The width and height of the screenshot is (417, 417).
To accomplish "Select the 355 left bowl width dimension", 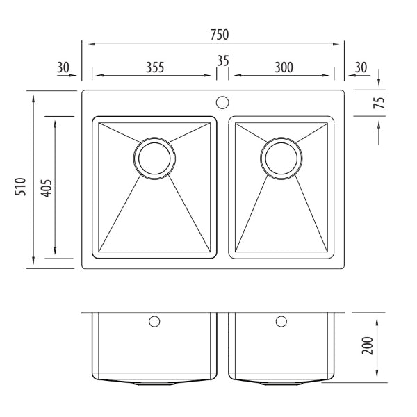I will coord(154,67).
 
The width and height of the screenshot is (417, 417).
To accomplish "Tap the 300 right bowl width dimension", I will coord(283,67).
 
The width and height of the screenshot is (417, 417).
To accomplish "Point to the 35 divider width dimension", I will coord(222,60).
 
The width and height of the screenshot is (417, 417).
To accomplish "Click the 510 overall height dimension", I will coord(20,187).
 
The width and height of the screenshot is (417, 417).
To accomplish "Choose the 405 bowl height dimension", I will coord(45,187).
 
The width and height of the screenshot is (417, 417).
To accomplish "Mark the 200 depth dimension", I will coord(368,345).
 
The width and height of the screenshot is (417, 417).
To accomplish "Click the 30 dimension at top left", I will coord(63,67).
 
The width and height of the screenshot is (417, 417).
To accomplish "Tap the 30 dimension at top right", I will coord(361,67).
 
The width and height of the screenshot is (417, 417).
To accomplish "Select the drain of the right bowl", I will coord(281,158).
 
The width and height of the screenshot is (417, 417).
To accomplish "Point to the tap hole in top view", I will coord(222,103).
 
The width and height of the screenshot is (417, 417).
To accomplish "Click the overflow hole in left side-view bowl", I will coord(154,322).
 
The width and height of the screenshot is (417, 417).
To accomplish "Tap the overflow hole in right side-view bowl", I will coord(281,322).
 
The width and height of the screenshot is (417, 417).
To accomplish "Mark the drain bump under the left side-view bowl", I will coord(154,382).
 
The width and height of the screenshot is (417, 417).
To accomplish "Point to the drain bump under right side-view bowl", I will coord(281,382).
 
